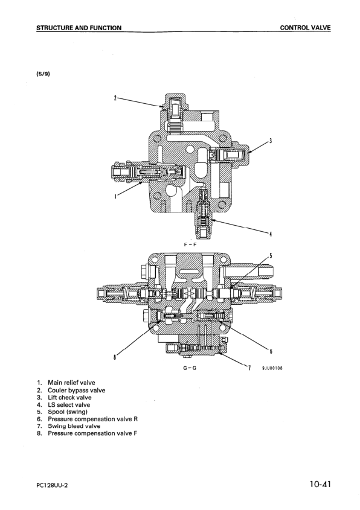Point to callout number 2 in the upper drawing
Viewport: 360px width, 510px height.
tap(115, 97)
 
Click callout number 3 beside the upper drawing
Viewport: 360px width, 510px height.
tap(270, 141)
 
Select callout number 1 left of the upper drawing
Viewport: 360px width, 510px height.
tap(114, 196)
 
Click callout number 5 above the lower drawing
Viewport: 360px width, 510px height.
tap(271, 255)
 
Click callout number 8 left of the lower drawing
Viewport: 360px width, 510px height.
tap(114, 357)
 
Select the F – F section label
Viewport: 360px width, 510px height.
tap(188, 245)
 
